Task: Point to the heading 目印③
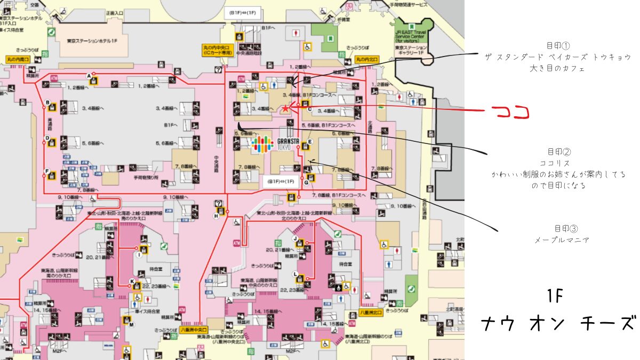point(562,229)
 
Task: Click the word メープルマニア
point(562,240)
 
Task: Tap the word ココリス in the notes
point(555,163)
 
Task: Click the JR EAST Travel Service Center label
point(414,33)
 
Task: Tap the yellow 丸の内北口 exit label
point(367,58)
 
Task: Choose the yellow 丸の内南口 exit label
point(18,59)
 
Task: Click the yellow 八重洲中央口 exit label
point(193,330)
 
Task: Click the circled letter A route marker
point(89,76)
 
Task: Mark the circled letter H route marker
point(216,215)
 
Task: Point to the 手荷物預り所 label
point(146,177)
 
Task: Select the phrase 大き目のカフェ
point(557,68)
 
